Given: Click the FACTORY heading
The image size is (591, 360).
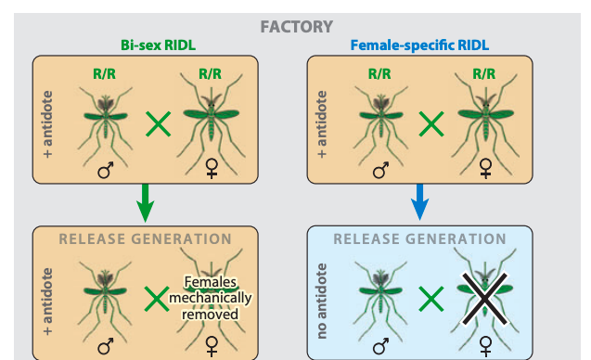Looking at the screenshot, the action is [x=297, y=27].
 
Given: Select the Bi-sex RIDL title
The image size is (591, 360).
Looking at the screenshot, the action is [x=158, y=45].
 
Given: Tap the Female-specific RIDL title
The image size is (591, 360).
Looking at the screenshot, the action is [x=419, y=45].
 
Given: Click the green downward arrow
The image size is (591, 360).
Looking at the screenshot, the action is [x=145, y=203].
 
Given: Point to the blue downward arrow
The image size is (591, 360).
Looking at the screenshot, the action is [x=419, y=202].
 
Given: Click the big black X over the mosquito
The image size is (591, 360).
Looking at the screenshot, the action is [x=484, y=299].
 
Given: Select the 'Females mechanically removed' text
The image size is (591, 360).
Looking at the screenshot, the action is [x=211, y=298].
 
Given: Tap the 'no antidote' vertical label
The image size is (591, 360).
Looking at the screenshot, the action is [x=321, y=301].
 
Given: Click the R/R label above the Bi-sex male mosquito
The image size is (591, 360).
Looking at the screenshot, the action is [x=105, y=74].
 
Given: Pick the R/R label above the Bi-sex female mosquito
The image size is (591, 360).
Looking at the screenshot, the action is [x=210, y=74].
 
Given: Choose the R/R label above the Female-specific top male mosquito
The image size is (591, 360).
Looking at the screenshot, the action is [x=379, y=74].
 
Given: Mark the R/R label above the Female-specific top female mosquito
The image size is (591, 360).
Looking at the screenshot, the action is [x=484, y=74].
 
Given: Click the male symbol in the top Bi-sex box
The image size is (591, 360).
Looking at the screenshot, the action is [x=106, y=171].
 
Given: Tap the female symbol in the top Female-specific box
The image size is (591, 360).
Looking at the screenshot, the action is [x=485, y=168].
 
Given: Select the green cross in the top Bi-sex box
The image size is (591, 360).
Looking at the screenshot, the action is [x=159, y=124].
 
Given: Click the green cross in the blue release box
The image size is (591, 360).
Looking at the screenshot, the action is [x=431, y=299].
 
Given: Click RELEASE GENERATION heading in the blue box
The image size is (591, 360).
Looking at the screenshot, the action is [x=419, y=239].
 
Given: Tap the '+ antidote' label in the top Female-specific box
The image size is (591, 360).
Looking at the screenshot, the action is [x=322, y=124].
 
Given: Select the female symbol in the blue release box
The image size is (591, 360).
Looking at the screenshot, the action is [x=485, y=347].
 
